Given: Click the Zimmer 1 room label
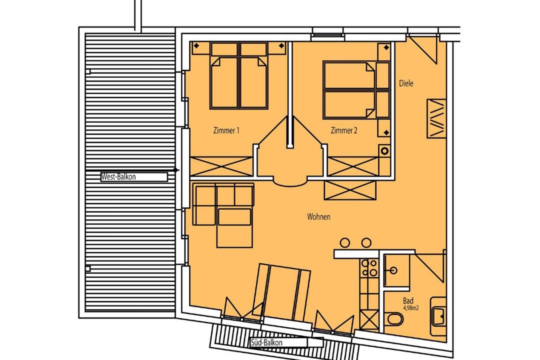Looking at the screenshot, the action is click(226, 130).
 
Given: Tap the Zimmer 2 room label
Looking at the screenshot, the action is click(343, 130).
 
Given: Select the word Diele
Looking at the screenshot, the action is click(406, 83).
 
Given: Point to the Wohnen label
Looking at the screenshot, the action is click(318, 216).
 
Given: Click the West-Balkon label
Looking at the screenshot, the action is click(118, 176).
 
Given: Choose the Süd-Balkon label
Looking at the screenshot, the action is click(266, 342).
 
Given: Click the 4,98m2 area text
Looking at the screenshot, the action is click(411, 308).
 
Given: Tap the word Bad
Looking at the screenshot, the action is click(408, 301).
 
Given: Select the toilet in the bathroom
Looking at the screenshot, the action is click(393, 319).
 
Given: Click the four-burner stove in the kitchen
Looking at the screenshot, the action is click(369, 268).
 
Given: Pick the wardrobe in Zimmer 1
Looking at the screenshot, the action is click(221, 166).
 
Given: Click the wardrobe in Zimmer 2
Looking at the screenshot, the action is click(352, 166).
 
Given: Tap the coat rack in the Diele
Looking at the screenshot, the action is click(436, 118).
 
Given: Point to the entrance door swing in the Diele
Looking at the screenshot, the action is click(423, 49).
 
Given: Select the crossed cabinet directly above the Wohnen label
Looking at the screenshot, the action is click(350, 190).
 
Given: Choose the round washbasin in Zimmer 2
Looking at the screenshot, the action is click(384, 150).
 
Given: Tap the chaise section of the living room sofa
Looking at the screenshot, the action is click(235, 228).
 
